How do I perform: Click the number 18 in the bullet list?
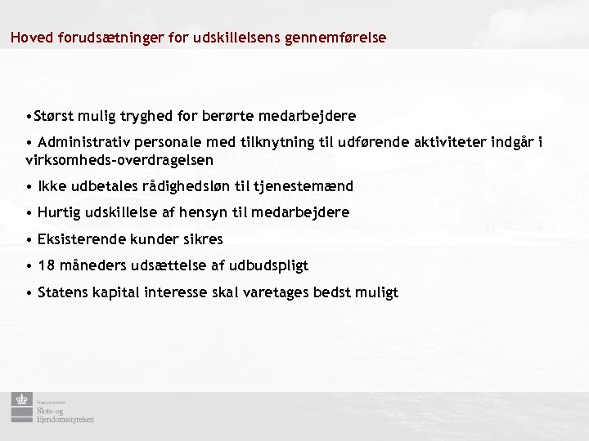click(46, 265)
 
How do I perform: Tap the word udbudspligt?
click(269, 265)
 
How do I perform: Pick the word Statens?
click(65, 292)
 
